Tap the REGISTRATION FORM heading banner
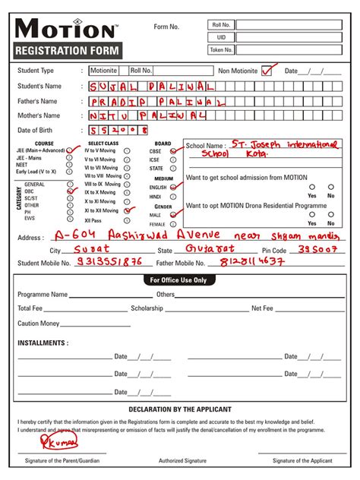pos(66,52)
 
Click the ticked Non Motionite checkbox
pos(267,71)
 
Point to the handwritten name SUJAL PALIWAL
pos(150,87)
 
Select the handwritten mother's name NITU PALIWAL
pos(146,116)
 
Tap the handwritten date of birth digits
pos(117,131)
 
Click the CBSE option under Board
pos(173,151)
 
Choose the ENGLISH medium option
pos(173,187)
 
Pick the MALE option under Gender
pos(173,215)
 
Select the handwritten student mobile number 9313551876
pos(110,262)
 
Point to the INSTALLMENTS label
pos(43,343)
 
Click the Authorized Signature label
pos(182,461)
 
